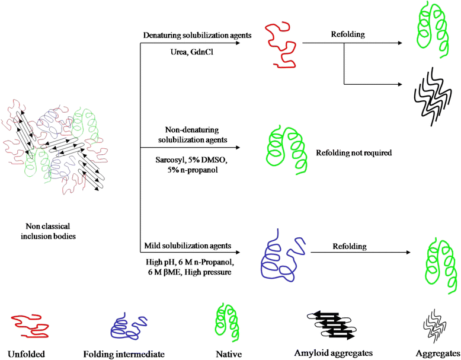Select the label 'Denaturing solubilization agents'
198,36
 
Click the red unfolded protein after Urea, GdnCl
280,46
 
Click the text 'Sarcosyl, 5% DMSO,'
188,160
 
